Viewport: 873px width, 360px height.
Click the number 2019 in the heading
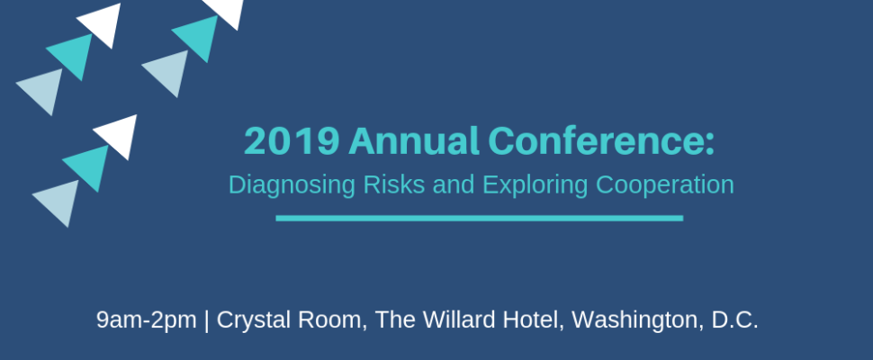tap(292, 141)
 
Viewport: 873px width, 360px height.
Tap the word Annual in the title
tap(414, 140)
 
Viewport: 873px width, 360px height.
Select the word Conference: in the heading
tap(601, 140)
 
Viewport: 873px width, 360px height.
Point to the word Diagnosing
tap(292, 185)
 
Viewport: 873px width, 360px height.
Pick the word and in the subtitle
tap(454, 184)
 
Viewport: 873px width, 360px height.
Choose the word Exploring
tap(535, 185)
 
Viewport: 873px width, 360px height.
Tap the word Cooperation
tap(665, 185)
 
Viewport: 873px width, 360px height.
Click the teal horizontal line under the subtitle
tap(480, 218)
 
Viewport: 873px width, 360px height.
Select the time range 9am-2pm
tap(147, 320)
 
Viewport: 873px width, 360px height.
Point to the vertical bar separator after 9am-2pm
tap(207, 320)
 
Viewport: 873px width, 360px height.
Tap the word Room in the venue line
tap(332, 320)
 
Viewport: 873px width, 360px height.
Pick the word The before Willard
tap(395, 319)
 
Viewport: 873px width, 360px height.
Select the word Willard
tap(459, 319)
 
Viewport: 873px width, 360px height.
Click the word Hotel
tap(534, 320)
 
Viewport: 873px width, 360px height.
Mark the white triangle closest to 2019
tap(119, 135)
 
